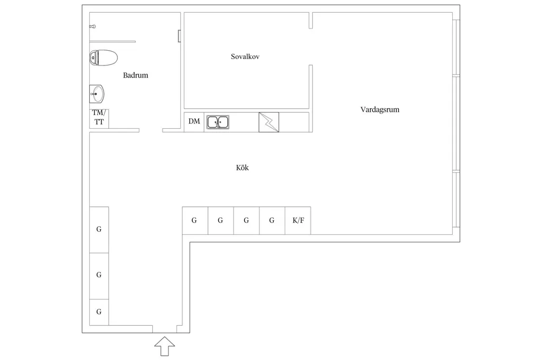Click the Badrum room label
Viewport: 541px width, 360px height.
click(x=135, y=75)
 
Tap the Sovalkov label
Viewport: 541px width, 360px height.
click(x=245, y=56)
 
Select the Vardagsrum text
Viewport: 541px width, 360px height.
click(x=380, y=110)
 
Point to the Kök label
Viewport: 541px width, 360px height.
click(x=242, y=167)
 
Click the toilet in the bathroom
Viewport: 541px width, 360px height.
click(x=104, y=58)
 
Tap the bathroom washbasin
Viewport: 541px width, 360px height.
click(x=97, y=94)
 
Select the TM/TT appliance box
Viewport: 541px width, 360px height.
click(x=99, y=119)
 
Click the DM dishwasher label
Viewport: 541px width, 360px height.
click(x=194, y=121)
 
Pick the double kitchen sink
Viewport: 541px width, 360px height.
click(x=218, y=122)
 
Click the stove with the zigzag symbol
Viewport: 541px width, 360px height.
click(x=269, y=122)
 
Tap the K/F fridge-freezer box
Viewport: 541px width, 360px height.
click(x=298, y=221)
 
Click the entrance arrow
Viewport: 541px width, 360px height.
click(x=165, y=346)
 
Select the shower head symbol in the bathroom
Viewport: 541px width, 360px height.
click(x=92, y=26)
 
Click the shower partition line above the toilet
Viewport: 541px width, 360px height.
click(x=113, y=42)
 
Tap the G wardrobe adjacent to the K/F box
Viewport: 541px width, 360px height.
click(x=272, y=221)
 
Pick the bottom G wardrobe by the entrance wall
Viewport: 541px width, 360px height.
click(x=99, y=312)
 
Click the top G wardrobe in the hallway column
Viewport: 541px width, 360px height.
click(x=99, y=230)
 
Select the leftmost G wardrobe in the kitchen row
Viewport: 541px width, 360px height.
click(x=195, y=221)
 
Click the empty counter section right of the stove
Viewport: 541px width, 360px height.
click(x=294, y=122)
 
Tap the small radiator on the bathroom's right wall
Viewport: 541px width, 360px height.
click(x=180, y=36)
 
